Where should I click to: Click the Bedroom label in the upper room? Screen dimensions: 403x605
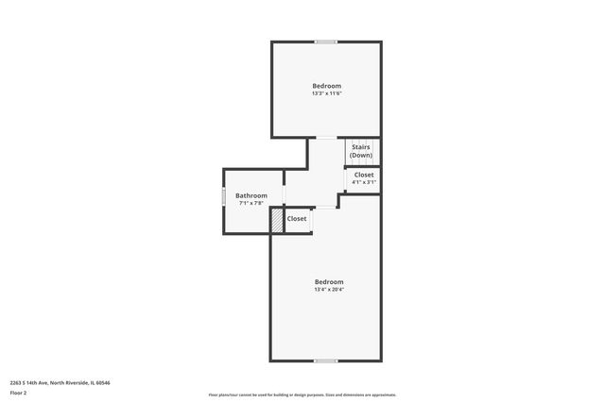click(326, 86)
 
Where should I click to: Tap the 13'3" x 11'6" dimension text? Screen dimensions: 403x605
click(326, 93)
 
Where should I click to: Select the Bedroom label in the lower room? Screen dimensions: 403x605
click(329, 281)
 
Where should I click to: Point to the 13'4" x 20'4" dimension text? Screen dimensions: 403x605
click(329, 290)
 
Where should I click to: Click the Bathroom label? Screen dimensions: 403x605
click(251, 195)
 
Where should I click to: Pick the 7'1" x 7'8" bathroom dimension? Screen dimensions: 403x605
click(251, 203)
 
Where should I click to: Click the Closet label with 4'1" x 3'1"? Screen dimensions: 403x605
click(364, 175)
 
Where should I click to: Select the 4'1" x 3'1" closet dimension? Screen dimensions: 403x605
click(364, 182)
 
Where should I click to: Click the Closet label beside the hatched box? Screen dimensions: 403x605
click(297, 218)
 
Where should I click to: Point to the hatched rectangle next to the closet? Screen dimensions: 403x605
click(277, 219)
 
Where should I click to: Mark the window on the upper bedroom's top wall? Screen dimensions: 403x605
click(326, 42)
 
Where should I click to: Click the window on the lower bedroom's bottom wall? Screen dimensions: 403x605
click(326, 361)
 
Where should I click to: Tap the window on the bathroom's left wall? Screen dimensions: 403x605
click(223, 197)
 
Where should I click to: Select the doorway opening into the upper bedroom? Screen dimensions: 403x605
click(325, 138)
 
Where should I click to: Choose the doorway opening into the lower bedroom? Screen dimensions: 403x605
click(325, 207)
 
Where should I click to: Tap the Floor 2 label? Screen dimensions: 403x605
click(18, 392)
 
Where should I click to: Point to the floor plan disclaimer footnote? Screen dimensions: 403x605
click(302, 395)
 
